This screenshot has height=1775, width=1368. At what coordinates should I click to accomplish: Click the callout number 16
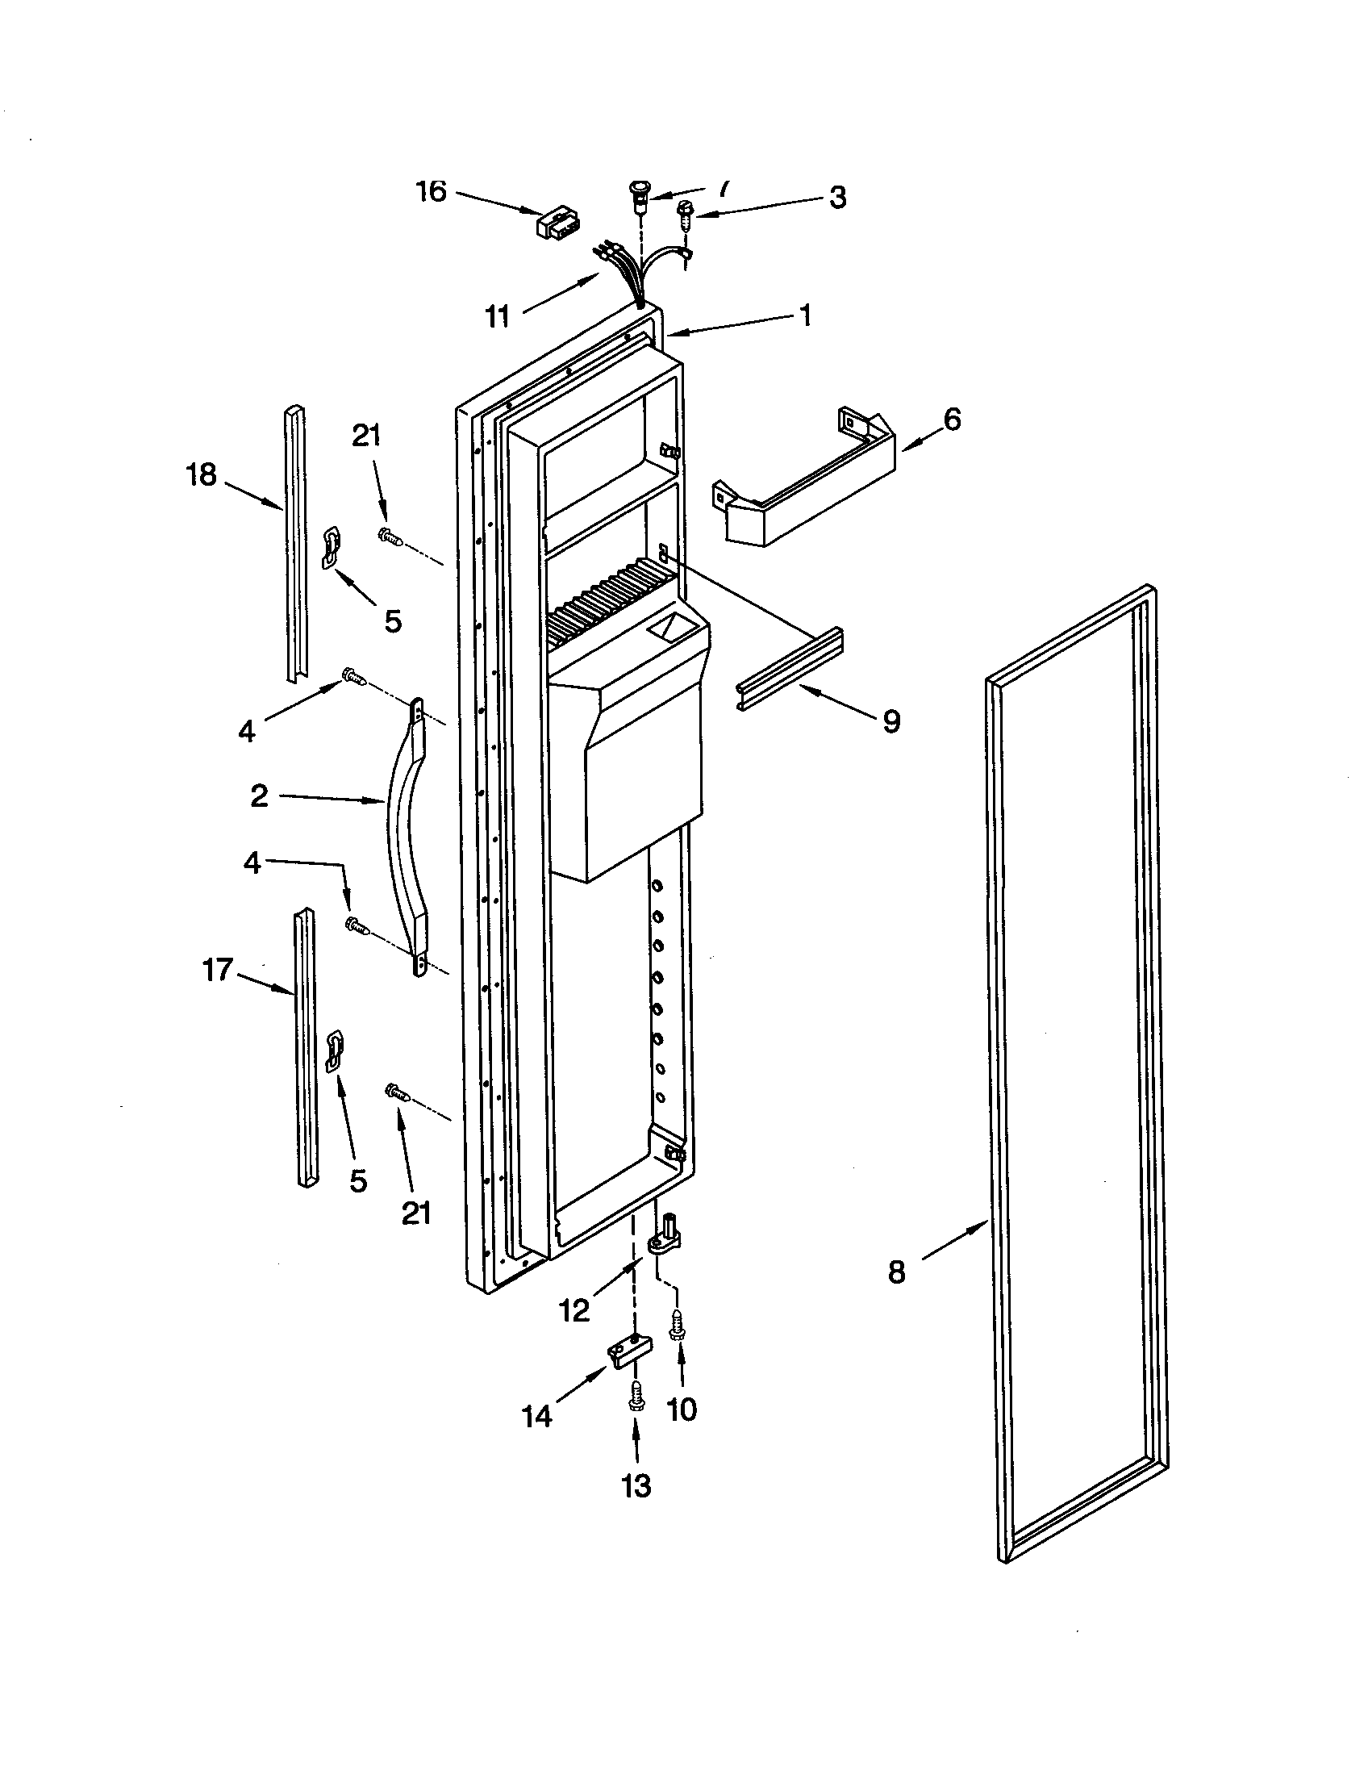432,192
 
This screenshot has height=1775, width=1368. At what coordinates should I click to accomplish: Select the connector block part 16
556,223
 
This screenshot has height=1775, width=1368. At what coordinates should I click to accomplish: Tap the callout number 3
837,198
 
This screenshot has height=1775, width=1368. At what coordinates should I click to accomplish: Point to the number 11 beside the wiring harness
497,316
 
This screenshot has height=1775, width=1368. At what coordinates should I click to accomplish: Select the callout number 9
891,720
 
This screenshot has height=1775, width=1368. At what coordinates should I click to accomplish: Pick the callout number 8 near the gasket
896,1272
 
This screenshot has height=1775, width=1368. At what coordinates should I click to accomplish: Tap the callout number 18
202,474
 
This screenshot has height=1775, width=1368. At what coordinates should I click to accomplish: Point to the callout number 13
636,1485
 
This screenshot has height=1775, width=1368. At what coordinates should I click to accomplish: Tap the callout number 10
682,1410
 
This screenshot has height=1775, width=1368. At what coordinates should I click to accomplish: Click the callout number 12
575,1310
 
